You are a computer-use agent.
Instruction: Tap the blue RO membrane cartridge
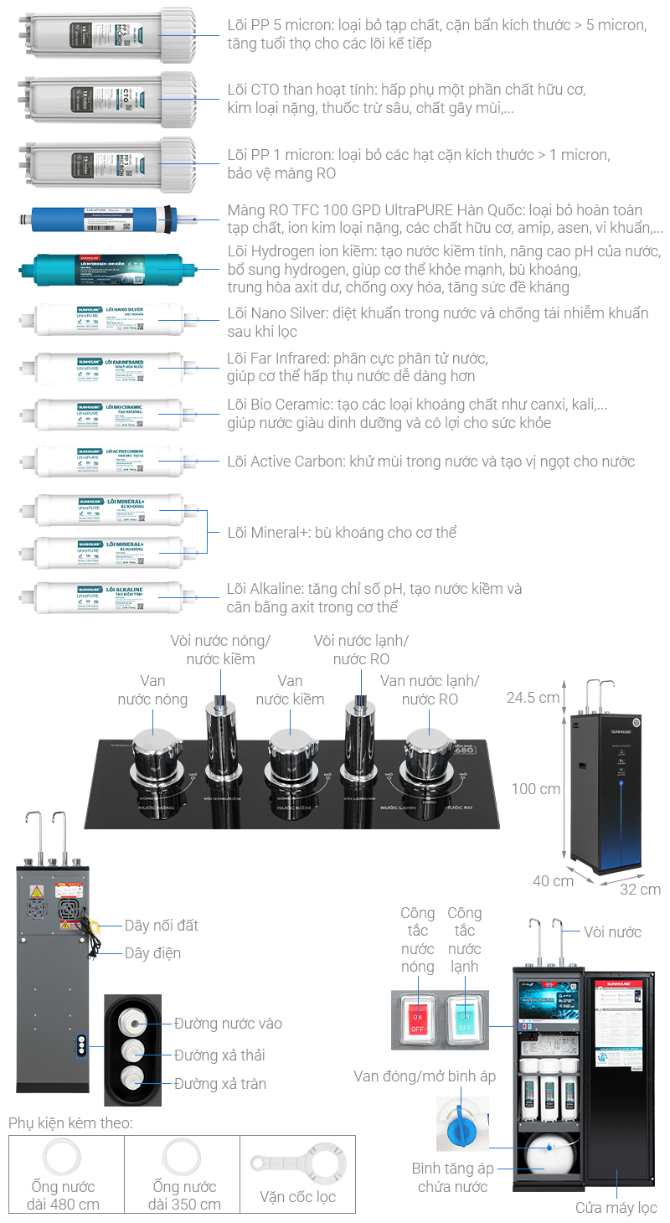point(105,221)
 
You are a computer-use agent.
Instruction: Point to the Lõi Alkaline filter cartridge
point(109,596)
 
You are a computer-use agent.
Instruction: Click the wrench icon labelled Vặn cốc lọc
point(298,1164)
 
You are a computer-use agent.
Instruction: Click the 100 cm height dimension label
point(536,788)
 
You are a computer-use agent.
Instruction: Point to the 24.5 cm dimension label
point(533,697)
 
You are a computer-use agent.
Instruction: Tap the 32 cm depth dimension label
point(640,889)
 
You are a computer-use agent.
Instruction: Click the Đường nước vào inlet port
point(133,1023)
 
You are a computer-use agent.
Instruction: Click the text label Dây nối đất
point(162,926)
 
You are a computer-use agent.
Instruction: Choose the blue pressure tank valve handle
point(459,1123)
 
